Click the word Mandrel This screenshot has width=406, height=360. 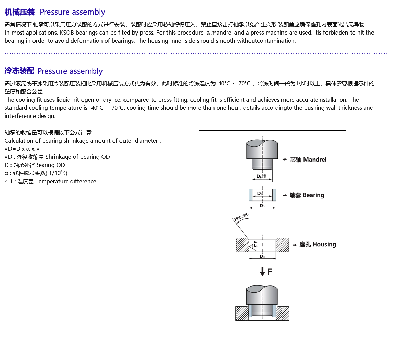click(315, 160)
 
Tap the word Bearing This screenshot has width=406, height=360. click(313, 195)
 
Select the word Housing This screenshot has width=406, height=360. click(324, 245)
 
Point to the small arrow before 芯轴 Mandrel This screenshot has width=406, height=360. click(285, 160)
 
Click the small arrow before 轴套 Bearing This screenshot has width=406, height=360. click(285, 195)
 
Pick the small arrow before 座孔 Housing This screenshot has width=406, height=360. click(295, 245)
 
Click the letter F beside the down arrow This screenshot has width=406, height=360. click(270, 272)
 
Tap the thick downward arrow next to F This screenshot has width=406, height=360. click(262, 271)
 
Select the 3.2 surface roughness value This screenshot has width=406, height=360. click(255, 244)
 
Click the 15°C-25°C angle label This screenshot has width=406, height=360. click(242, 217)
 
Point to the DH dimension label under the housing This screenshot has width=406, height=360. click(262, 256)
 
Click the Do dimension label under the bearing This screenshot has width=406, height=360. click(262, 206)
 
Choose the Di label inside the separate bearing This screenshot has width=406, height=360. click(260, 193)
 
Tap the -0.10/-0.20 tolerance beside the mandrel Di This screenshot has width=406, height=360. click(264, 176)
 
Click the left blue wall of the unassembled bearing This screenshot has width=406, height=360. click(251, 195)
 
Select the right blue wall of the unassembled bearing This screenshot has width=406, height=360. click(274, 195)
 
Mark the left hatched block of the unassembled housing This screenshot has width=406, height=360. click(242, 245)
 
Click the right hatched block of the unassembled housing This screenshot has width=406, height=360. click(282, 245)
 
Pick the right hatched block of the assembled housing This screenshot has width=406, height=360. click(283, 313)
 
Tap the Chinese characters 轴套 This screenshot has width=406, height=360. click(295, 195)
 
